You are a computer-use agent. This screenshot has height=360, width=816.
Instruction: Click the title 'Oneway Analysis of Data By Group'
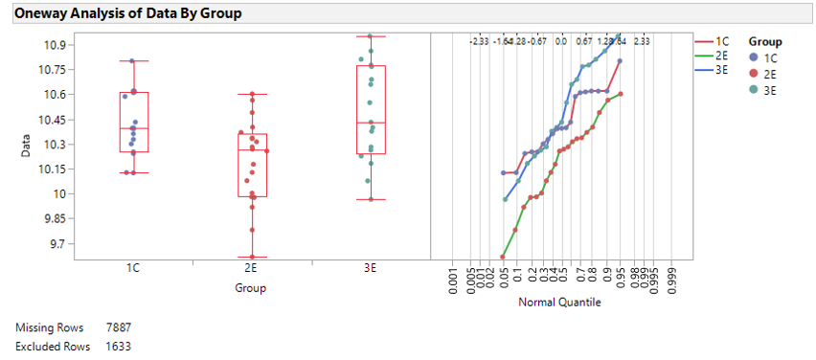coord(126,13)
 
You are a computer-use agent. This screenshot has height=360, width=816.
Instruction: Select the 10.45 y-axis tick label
coord(51,120)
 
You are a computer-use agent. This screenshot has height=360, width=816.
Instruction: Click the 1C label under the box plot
coord(133,269)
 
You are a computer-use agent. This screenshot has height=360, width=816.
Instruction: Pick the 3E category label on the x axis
coord(371,269)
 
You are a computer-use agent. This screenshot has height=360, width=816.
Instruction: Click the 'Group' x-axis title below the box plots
coord(251,287)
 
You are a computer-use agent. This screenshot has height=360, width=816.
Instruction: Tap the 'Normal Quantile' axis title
coord(559,303)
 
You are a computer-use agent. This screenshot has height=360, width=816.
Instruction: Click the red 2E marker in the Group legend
coord(754,74)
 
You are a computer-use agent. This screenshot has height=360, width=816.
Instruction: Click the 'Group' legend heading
coord(766,42)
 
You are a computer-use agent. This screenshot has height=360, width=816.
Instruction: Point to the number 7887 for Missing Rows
coord(119,328)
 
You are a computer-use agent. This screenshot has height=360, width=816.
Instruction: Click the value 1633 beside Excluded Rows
coord(119,346)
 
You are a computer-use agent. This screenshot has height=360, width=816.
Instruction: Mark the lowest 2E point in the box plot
coord(252,257)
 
